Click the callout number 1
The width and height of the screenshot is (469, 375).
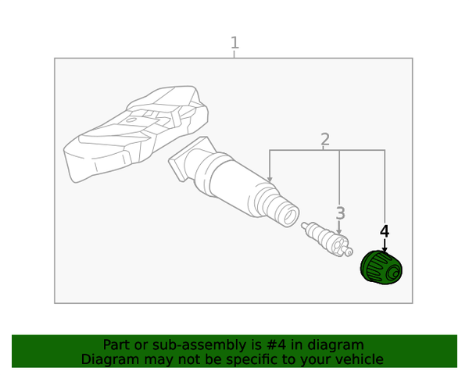click(234, 42)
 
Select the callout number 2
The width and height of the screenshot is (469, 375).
click(325, 139)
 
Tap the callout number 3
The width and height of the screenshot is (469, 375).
click(340, 213)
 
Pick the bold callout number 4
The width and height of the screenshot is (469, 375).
click(385, 231)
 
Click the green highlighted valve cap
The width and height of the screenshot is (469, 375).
click(381, 268)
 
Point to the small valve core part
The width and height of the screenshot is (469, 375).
click(327, 239)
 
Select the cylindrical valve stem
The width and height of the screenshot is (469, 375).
click(236, 183)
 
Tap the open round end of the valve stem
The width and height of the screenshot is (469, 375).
click(288, 216)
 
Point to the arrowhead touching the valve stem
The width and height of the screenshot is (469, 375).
click(270, 179)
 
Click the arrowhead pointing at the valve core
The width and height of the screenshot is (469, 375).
click(339, 231)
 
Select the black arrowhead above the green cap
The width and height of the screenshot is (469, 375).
click(385, 249)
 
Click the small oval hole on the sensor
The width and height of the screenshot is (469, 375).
click(131, 120)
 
